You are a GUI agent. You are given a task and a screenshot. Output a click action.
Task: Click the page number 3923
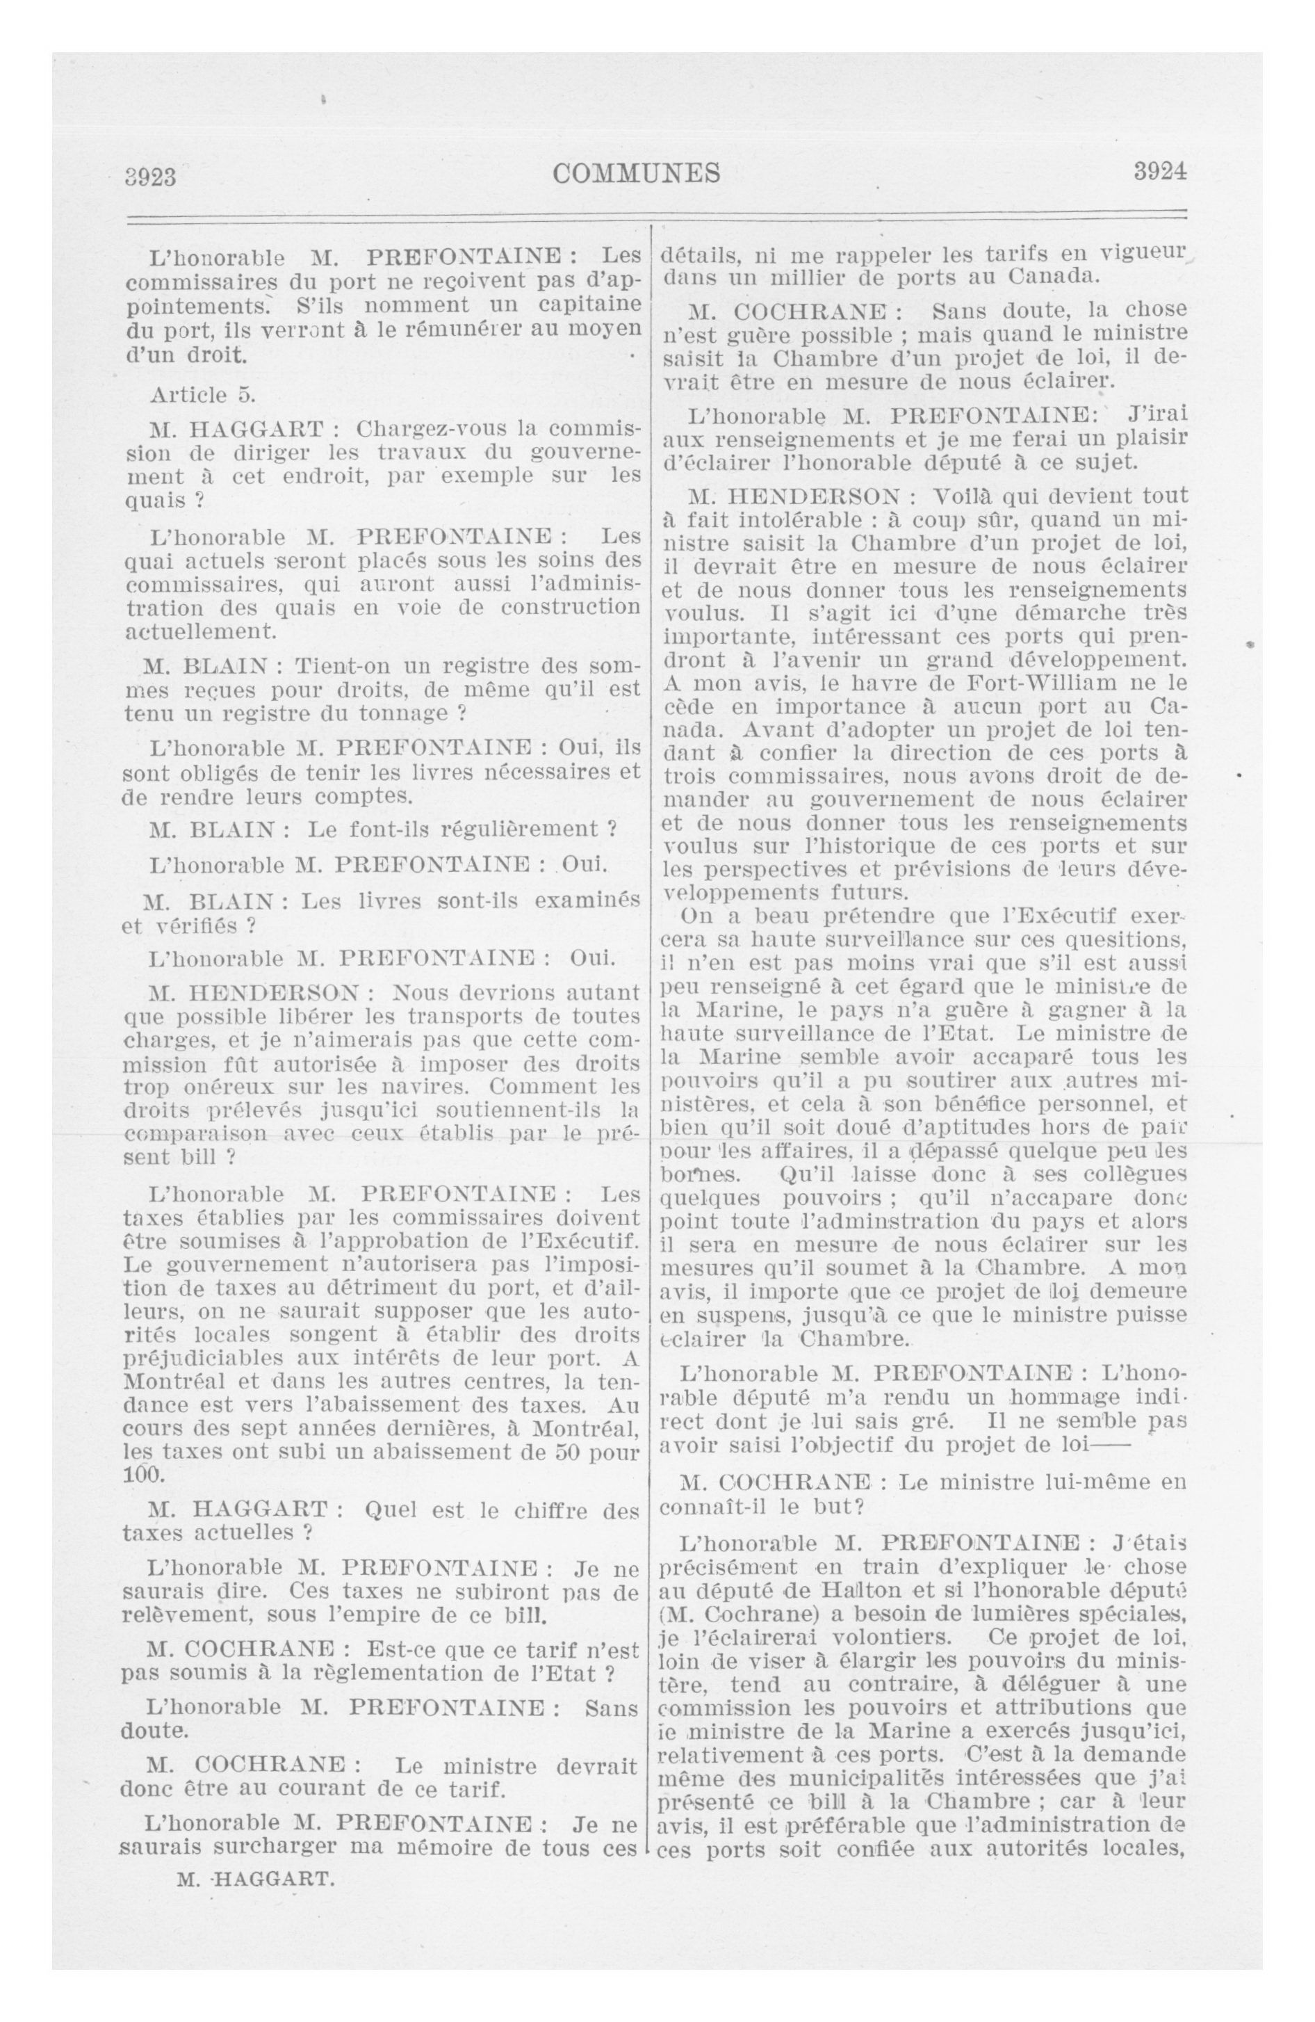[150, 177]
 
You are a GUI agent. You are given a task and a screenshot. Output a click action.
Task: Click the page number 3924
[1159, 172]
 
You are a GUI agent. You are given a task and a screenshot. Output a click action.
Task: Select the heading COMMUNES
[636, 173]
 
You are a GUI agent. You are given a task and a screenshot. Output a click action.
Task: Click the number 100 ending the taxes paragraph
[142, 1474]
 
